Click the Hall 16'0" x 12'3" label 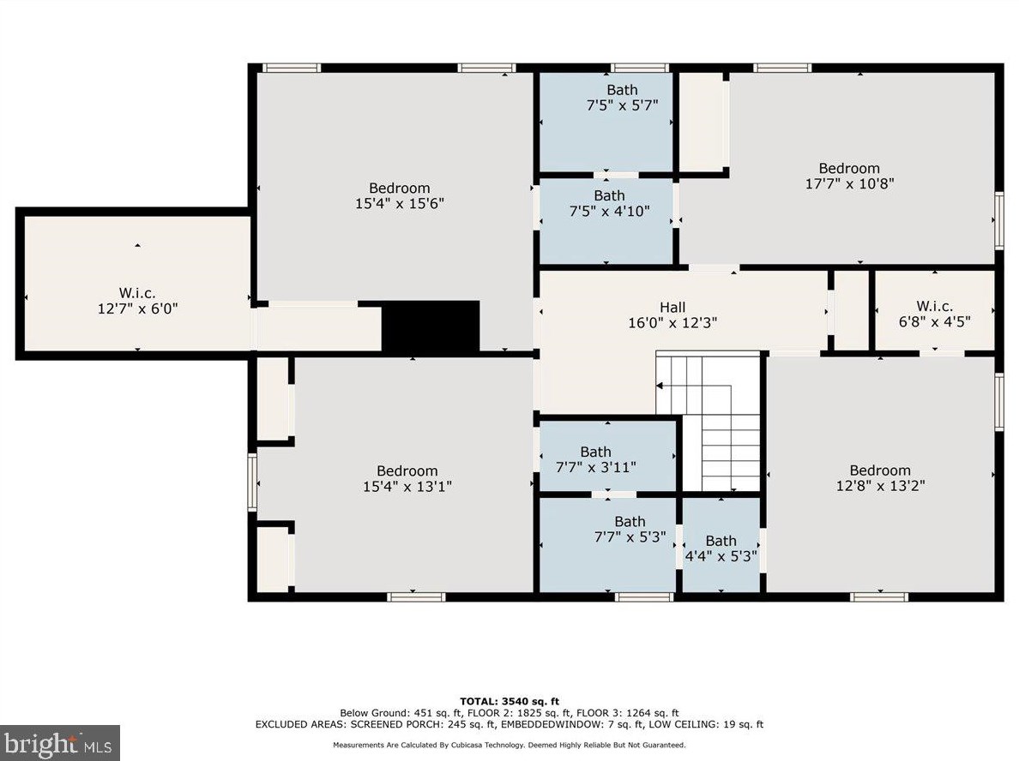coord(672,315)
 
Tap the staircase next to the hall coord(708,422)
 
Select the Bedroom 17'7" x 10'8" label coord(849,176)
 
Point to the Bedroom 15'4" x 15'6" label coord(399,195)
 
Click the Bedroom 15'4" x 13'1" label coord(407,478)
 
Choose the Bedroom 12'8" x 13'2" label coord(880,478)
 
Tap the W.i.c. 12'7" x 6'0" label coord(137,302)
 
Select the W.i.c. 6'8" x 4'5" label coord(935,314)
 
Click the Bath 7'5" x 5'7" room coord(606,122)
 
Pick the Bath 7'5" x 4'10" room coord(606,221)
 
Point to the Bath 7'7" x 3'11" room coord(607,456)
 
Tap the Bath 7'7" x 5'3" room coord(607,544)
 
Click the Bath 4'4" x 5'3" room coord(721,544)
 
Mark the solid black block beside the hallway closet coord(431,326)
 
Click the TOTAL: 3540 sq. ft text coord(509,701)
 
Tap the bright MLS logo coord(60,743)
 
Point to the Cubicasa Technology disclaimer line coord(509,746)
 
